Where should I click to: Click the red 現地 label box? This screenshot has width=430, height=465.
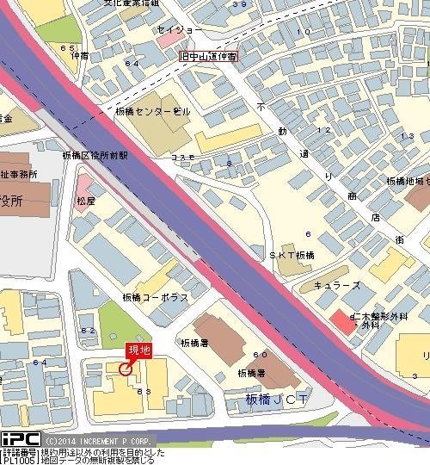[x=138, y=350]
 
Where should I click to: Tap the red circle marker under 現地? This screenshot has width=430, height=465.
[x=126, y=369]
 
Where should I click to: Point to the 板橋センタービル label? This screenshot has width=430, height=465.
[x=153, y=112]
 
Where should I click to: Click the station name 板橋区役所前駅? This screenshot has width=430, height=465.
[x=95, y=156]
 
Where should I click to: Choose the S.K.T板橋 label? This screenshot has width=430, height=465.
[x=292, y=256]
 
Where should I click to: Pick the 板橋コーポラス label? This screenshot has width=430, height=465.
[x=155, y=297]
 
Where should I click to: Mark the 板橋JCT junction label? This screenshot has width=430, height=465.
[x=277, y=400]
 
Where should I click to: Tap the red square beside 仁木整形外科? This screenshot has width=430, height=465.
[x=340, y=319]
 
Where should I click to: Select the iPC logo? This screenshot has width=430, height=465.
[x=20, y=439]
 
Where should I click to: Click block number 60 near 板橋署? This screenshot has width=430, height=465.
[x=260, y=355]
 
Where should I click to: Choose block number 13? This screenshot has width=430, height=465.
[x=408, y=136]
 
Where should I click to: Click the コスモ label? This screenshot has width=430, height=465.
[x=182, y=158]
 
